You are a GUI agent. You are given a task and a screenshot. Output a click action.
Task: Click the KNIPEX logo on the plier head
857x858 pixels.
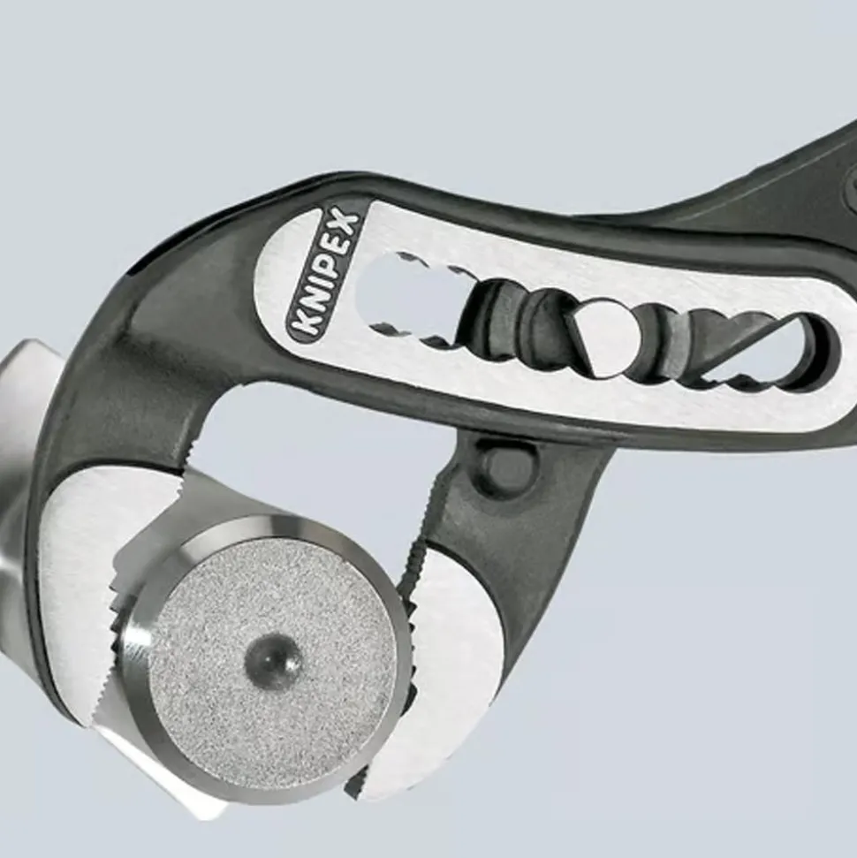323,273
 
